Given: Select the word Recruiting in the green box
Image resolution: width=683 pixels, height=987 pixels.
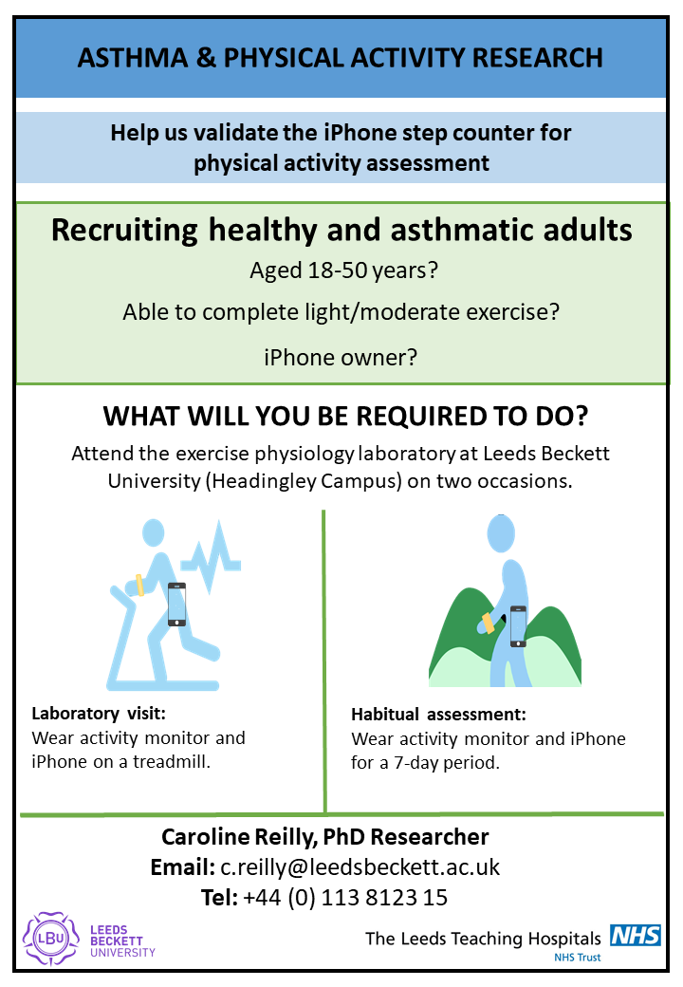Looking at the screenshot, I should [x=138, y=231].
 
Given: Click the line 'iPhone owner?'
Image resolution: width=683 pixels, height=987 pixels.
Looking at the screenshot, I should [x=341, y=358].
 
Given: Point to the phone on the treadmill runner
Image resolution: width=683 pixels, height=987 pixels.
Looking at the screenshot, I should [x=176, y=604].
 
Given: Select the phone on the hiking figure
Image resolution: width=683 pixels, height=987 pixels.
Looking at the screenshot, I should [x=518, y=626].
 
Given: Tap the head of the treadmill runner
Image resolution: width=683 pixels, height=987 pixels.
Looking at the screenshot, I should [x=154, y=532].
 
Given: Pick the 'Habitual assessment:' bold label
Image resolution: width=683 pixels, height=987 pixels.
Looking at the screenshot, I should [x=438, y=715].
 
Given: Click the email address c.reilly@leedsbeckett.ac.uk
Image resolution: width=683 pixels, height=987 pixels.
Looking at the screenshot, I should [x=360, y=867].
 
